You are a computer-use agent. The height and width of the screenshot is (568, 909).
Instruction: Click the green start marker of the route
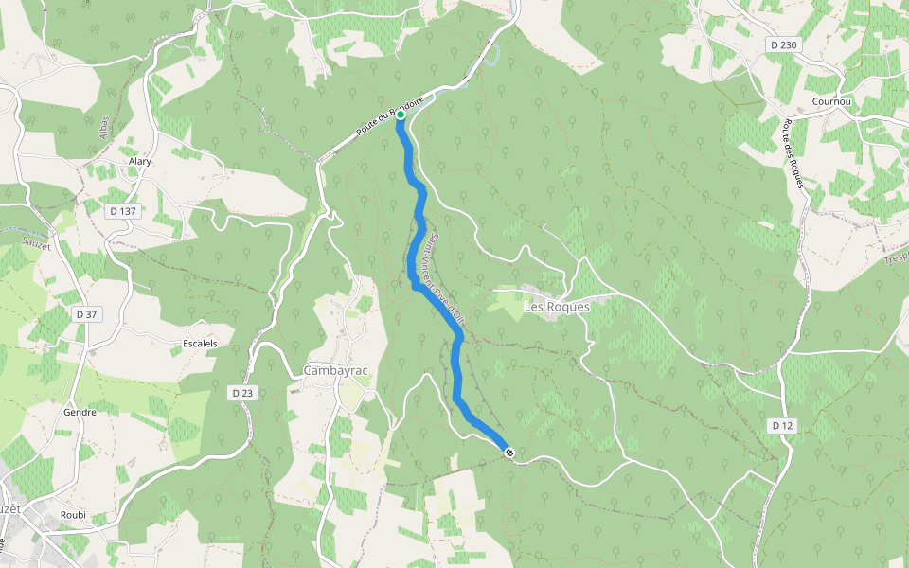tap(401, 115)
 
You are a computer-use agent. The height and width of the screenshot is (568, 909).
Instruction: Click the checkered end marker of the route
tap(509, 453)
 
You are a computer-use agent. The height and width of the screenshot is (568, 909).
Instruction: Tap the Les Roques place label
tap(557, 307)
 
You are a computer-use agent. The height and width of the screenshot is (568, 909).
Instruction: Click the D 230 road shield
tap(784, 44)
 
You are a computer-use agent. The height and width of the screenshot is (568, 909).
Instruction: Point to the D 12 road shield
tap(781, 426)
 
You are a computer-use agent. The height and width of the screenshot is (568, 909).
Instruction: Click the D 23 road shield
tap(242, 392)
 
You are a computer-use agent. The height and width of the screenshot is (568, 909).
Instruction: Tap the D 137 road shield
tap(124, 211)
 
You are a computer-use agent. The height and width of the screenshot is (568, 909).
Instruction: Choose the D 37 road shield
tap(85, 314)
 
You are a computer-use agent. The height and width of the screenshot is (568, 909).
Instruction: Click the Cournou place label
tap(833, 101)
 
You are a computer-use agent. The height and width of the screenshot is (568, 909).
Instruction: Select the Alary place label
tap(140, 162)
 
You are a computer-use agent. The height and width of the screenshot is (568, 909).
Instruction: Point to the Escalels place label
tap(203, 343)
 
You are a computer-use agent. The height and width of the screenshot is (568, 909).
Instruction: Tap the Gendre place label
tap(80, 414)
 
